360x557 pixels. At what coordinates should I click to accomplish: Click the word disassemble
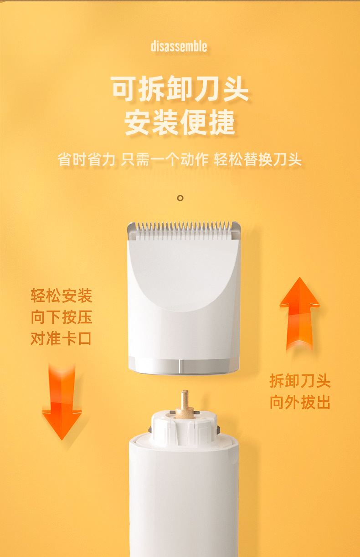(179, 46)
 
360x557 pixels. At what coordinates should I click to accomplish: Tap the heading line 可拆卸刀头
(180, 89)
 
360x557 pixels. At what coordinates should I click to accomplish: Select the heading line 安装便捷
(180, 122)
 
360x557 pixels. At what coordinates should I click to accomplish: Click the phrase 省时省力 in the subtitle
(86, 159)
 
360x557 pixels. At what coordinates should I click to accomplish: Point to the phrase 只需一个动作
(165, 159)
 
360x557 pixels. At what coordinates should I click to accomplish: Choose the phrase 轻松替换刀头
(258, 159)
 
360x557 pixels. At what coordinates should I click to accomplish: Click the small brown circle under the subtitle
(180, 198)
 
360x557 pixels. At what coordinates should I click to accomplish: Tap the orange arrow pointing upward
(299, 313)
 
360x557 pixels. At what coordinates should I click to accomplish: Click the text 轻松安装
(62, 296)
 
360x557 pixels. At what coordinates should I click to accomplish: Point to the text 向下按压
(62, 317)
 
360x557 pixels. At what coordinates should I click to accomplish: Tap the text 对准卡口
(61, 338)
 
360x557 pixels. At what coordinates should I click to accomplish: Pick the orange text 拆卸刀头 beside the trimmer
(300, 381)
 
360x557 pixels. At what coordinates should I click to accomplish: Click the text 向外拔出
(300, 402)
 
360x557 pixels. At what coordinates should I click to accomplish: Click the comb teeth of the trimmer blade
(184, 230)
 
